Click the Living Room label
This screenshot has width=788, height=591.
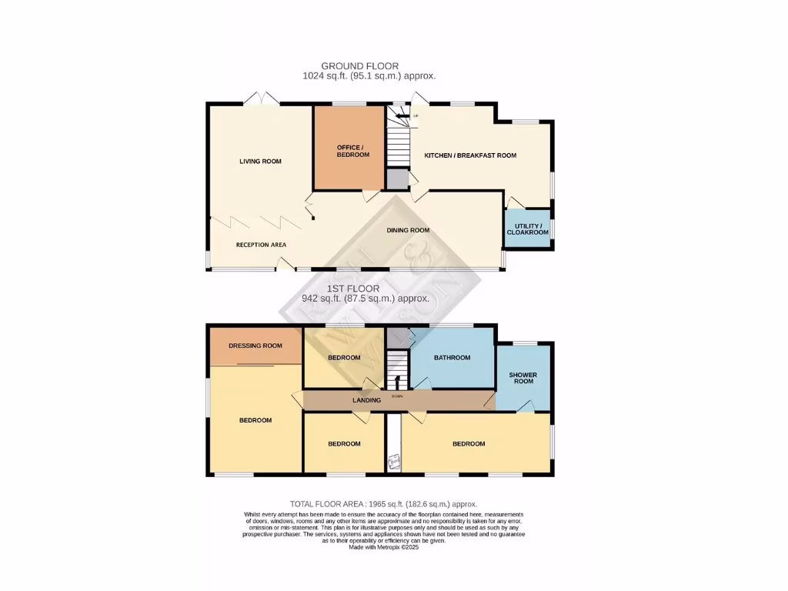pyautogui.click(x=260, y=162)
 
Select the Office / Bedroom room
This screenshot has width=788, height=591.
pyautogui.click(x=352, y=150)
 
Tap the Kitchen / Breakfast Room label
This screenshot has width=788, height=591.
pyautogui.click(x=470, y=155)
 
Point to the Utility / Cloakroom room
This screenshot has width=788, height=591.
pyautogui.click(x=527, y=229)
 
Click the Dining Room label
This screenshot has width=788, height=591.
pyautogui.click(x=408, y=230)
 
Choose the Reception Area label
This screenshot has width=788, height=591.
pyautogui.click(x=261, y=245)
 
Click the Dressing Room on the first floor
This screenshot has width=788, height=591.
pyautogui.click(x=255, y=346)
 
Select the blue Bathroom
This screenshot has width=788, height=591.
pyautogui.click(x=452, y=358)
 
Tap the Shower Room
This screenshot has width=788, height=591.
pyautogui.click(x=523, y=378)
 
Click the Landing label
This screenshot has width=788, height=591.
pyautogui.click(x=366, y=400)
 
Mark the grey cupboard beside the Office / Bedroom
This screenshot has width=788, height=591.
pyautogui.click(x=397, y=179)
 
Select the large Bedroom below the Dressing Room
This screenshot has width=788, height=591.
pyautogui.click(x=255, y=420)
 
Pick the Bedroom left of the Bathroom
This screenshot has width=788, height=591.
pyautogui.click(x=344, y=358)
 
